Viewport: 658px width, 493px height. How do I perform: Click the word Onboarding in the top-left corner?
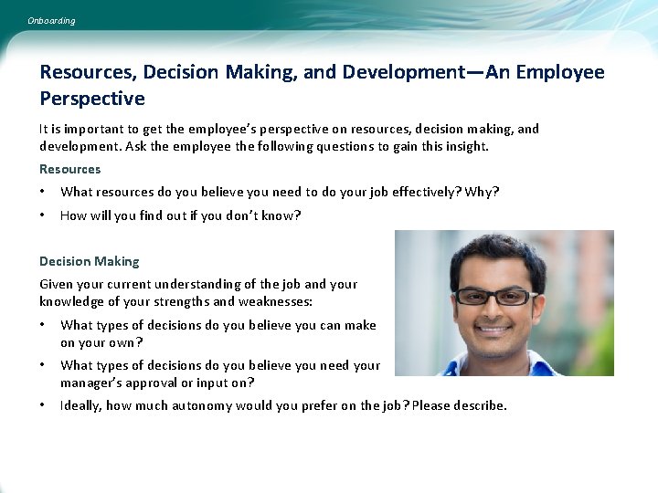[51, 20]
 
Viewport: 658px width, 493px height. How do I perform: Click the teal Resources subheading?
[70, 169]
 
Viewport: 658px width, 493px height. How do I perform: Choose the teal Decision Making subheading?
[90, 261]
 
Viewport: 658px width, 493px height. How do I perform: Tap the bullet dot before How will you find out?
[43, 215]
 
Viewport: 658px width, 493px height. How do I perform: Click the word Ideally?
[80, 405]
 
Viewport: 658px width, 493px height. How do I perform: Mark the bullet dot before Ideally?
[43, 405]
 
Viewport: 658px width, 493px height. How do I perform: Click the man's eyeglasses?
[495, 296]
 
